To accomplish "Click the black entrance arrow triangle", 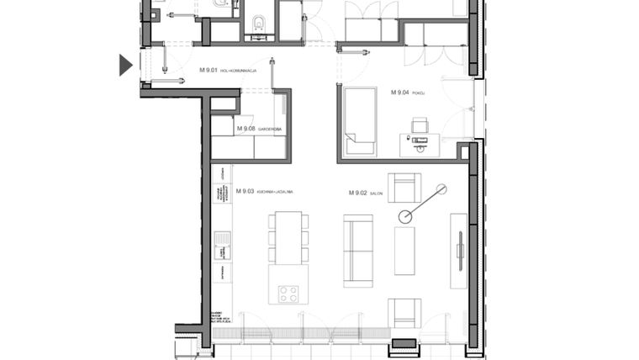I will [x=125, y=65].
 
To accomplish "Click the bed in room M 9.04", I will [x=360, y=119].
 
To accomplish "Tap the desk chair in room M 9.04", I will [x=419, y=127].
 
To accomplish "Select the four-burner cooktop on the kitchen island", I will [x=288, y=294].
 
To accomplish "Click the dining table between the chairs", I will [x=288, y=238].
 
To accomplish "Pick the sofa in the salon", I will [x=358, y=250].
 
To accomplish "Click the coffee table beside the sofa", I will [x=405, y=250].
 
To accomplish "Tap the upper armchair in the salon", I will [x=404, y=187].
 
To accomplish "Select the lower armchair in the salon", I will [x=404, y=312].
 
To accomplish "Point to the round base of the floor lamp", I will [x=405, y=216].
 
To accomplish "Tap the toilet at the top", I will [x=258, y=24].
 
